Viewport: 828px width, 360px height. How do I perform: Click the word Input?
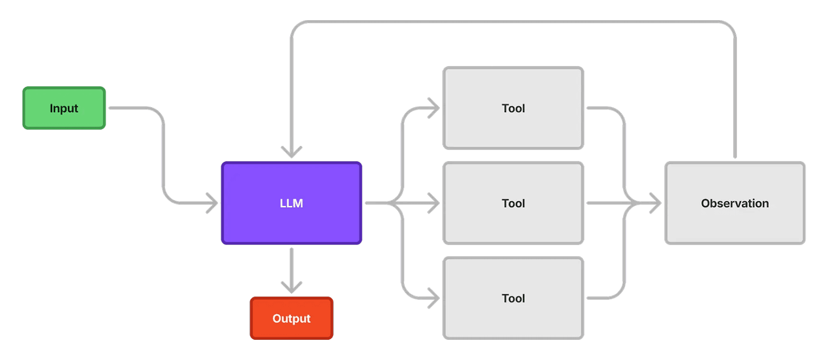64,109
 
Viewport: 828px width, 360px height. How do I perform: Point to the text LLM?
291,203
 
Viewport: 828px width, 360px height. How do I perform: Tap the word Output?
291,319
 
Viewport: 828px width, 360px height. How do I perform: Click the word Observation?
735,203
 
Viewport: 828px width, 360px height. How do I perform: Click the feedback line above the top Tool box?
513,22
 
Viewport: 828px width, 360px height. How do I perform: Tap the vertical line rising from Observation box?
735,103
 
